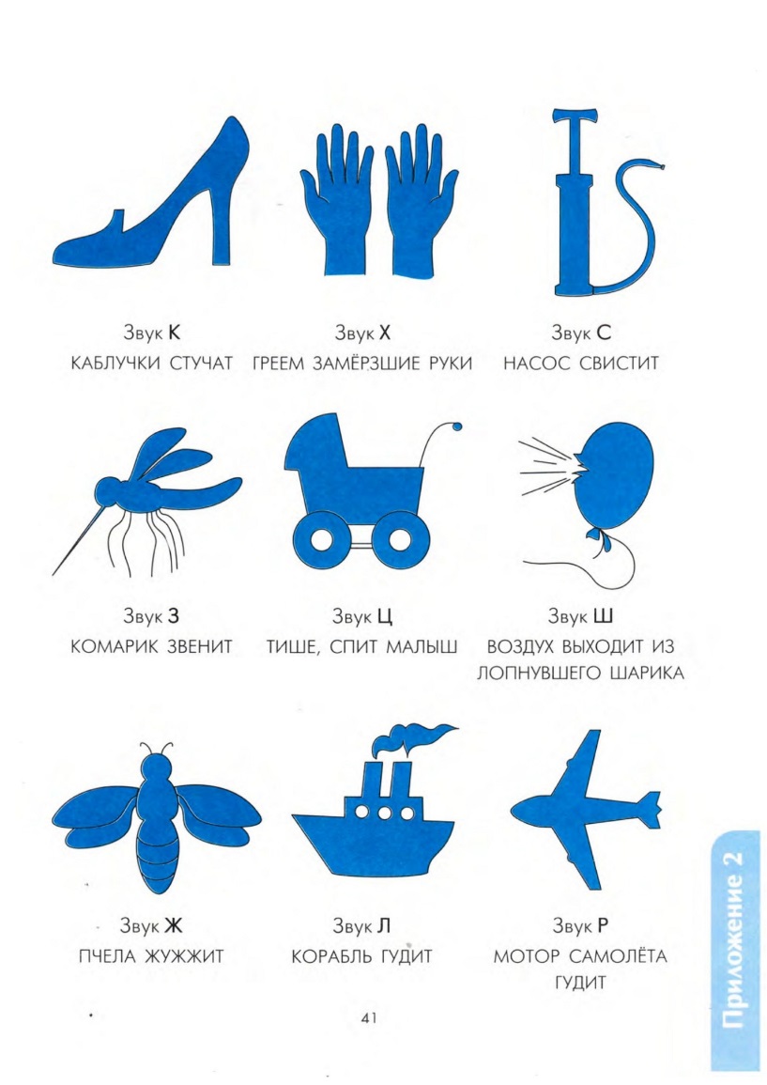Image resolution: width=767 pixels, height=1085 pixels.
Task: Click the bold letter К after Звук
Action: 174,333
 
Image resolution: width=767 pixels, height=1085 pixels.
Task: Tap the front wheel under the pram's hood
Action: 320,540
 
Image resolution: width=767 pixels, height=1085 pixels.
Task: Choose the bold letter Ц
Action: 385,616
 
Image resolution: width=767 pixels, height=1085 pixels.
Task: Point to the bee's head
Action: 157,767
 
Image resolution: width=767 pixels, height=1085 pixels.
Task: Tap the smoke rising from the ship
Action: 412,739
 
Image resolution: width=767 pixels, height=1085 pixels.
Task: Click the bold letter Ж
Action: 173,925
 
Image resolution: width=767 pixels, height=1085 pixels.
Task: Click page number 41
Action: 369,1018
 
